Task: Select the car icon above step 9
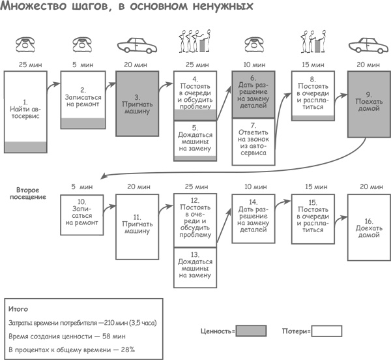[368, 47]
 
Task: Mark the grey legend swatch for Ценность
[250, 331]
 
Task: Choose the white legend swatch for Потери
[327, 331]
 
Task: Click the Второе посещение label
[30, 193]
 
